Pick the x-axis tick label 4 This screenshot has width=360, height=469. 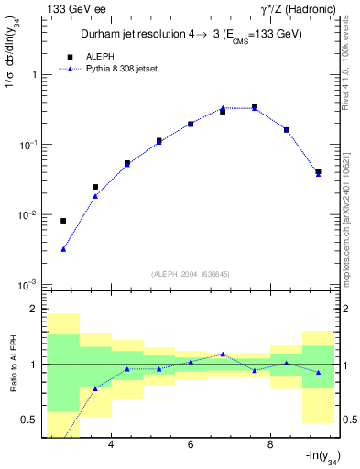click(111, 445)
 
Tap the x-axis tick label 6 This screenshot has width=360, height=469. click(191, 445)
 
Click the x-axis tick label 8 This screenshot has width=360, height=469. click(270, 445)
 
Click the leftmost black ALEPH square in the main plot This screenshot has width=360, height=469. click(63, 221)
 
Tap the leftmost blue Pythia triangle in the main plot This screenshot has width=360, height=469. click(63, 249)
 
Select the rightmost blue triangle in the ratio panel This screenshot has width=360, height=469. click(318, 372)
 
